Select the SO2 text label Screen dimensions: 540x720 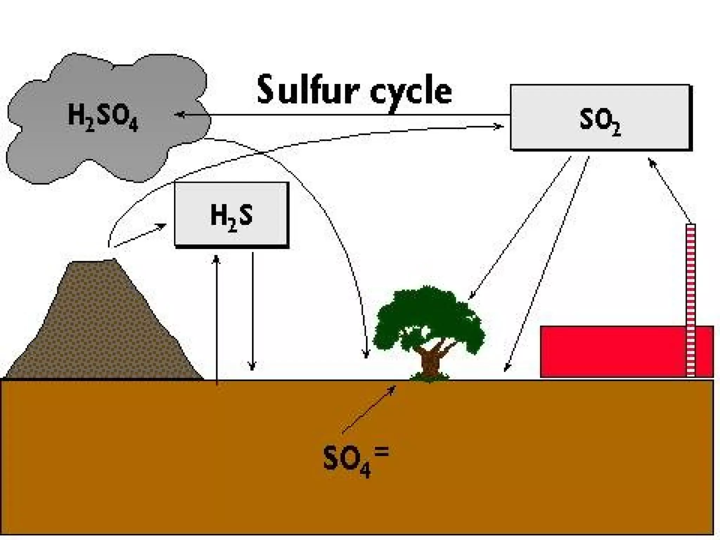(x=600, y=122)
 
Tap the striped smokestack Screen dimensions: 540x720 (x=691, y=299)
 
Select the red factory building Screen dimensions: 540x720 (x=612, y=352)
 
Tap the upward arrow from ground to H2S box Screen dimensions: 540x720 (x=217, y=316)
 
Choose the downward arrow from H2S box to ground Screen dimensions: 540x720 (x=252, y=309)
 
